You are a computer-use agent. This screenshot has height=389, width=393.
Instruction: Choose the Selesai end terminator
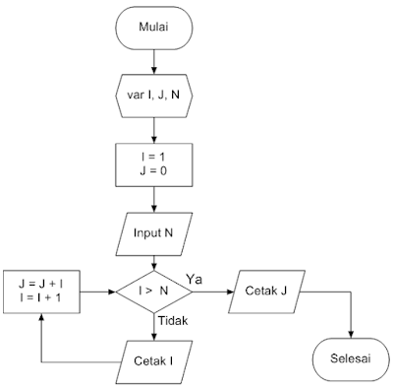(351, 359)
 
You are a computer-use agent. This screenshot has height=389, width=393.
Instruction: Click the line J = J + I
(41, 285)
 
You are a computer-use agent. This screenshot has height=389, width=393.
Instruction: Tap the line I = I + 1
(41, 299)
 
